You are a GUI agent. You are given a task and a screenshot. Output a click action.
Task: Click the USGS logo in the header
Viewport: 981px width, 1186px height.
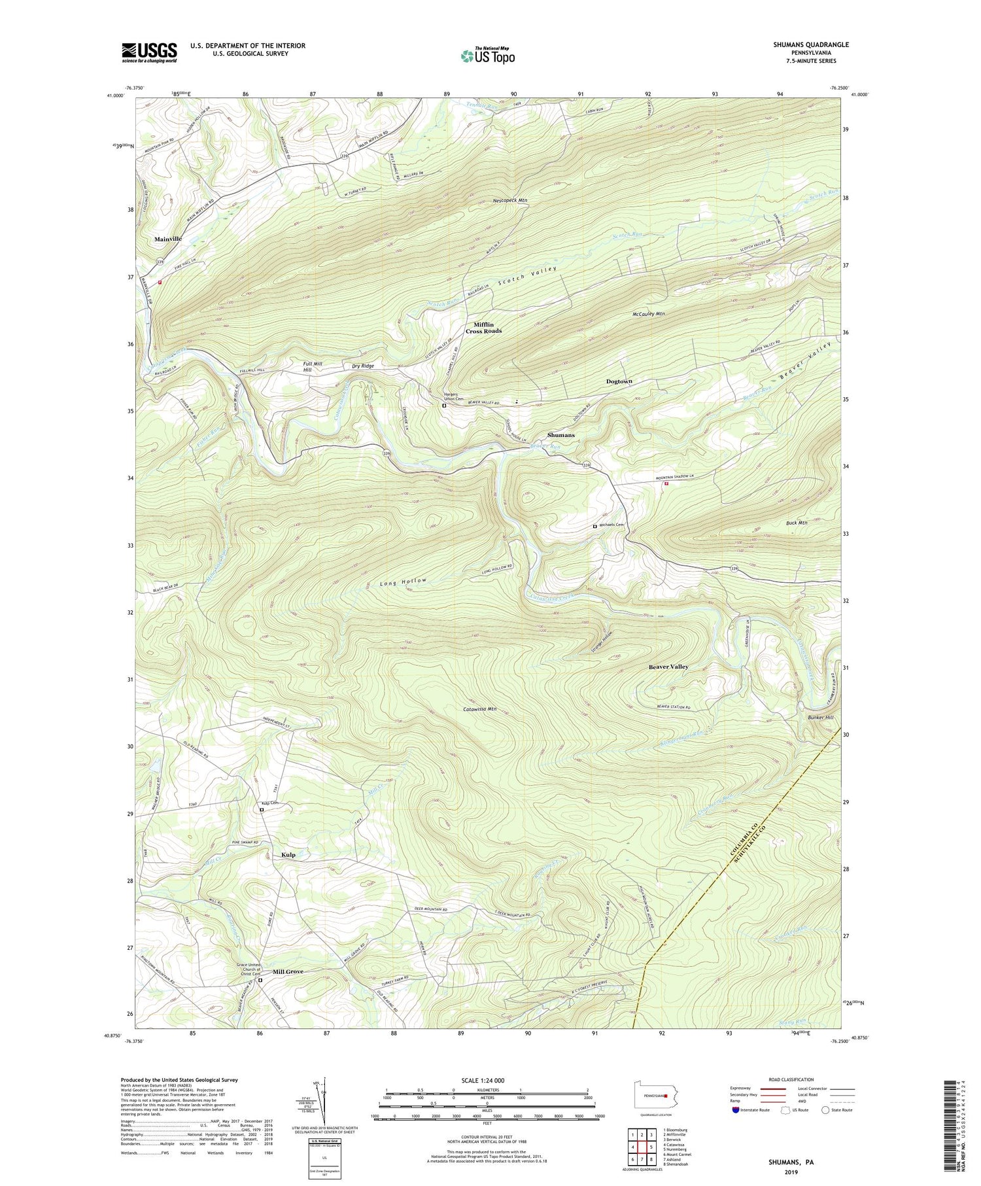click(149, 52)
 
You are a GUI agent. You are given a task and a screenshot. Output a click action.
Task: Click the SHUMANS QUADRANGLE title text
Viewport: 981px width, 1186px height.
click(810, 44)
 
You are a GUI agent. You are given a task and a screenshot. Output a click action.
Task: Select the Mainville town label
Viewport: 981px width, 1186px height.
click(168, 239)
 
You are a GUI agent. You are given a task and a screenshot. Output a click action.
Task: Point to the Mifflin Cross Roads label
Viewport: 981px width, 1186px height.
click(483, 328)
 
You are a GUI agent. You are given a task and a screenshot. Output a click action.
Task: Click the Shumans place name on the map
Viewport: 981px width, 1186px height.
click(560, 435)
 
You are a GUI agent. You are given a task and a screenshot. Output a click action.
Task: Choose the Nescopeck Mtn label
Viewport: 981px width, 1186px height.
click(510, 200)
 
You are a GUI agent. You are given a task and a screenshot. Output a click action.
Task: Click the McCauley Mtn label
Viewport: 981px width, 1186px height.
click(649, 314)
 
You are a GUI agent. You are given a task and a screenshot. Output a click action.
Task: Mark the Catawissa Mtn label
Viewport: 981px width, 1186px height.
click(479, 709)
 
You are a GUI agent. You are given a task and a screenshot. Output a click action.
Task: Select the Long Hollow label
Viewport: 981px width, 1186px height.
click(404, 582)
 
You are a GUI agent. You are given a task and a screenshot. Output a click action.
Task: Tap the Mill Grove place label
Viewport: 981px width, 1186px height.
click(288, 972)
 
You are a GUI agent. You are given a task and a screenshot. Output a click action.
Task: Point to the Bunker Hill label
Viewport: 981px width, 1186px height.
click(820, 718)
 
